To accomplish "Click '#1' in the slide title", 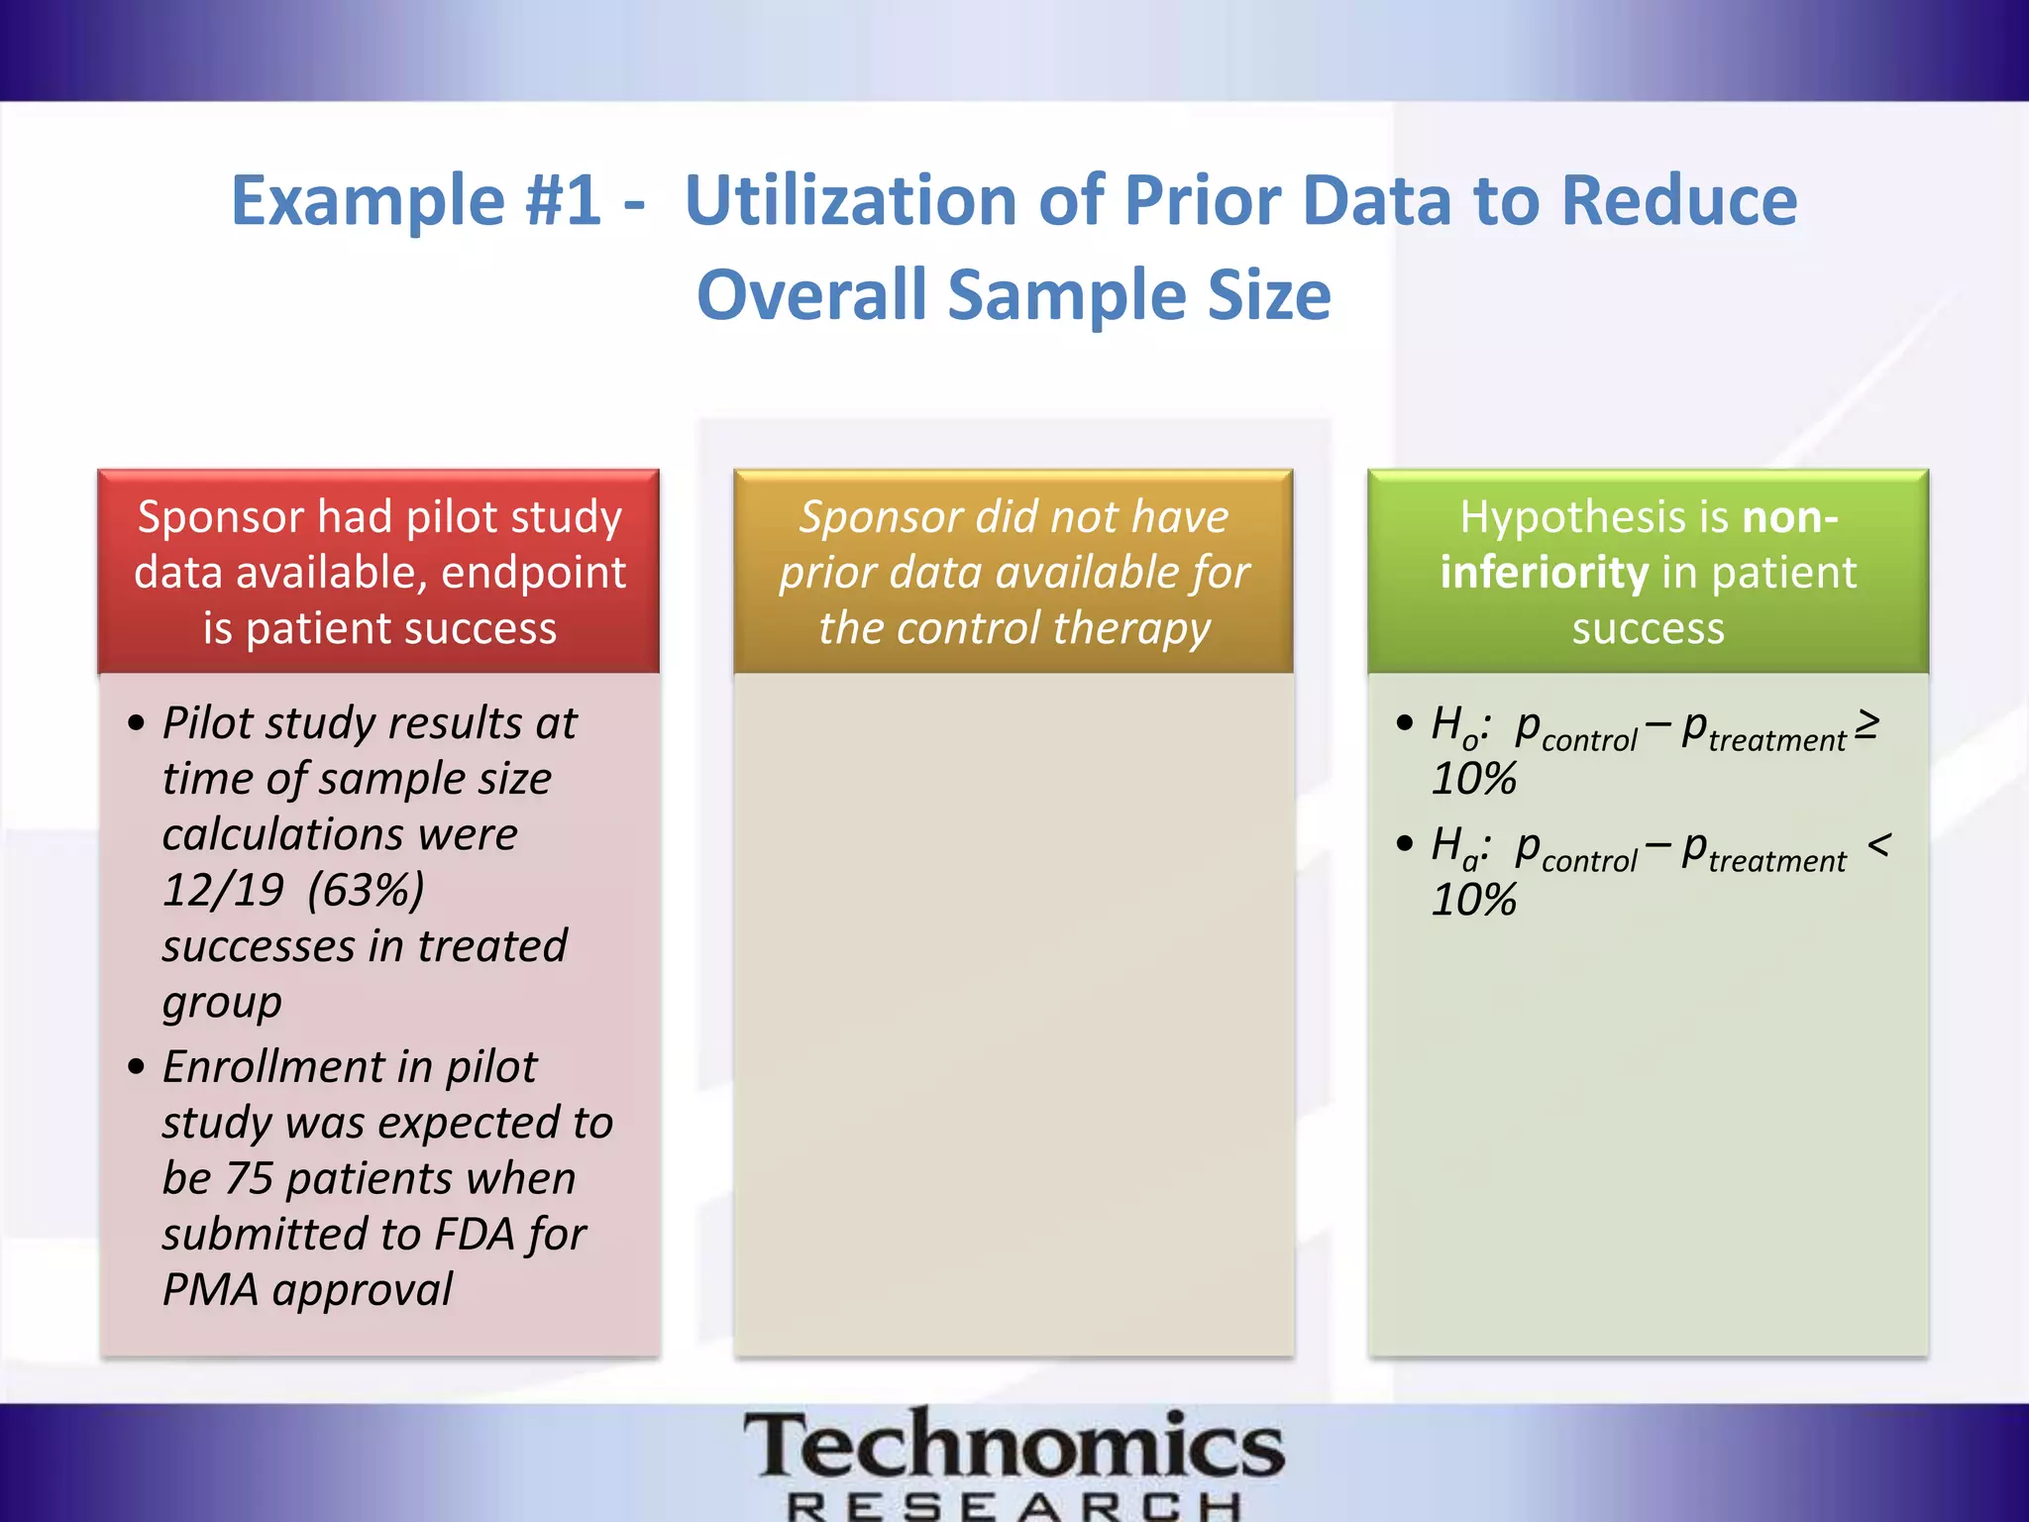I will (562, 201).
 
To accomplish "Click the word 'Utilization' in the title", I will (850, 201).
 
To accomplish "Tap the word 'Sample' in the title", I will (1067, 296).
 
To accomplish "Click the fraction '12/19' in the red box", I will (224, 890).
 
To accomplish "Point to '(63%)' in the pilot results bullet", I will (366, 890).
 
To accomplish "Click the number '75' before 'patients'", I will (249, 1178).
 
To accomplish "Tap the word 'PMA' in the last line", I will (210, 1290).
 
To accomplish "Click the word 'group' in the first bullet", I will (222, 1004).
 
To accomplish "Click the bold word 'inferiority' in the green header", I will (1543, 573).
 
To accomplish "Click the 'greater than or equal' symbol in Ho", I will (1867, 723).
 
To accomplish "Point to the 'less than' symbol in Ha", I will (1878, 844).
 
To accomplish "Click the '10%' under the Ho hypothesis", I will (1473, 780).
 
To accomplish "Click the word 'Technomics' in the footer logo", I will (1014, 1447).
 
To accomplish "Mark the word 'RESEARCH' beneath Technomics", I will (1014, 1507).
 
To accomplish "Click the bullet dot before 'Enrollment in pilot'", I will (137, 1067).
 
